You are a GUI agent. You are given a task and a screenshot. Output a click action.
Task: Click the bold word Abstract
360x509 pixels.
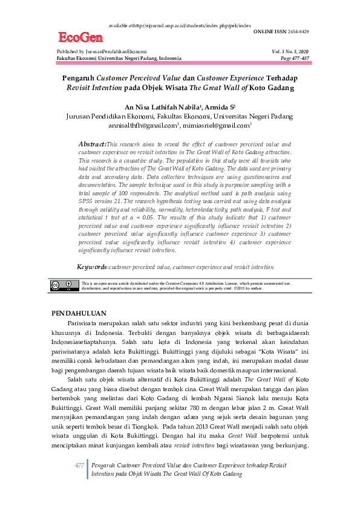point(92,144)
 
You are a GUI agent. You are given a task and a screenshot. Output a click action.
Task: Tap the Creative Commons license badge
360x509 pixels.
point(64,285)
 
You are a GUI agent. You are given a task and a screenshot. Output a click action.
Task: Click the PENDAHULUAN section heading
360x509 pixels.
point(78,313)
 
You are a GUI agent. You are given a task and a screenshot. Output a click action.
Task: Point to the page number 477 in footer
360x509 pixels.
point(79,465)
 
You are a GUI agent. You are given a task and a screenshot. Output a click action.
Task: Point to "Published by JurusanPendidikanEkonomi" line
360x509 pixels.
point(101,52)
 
